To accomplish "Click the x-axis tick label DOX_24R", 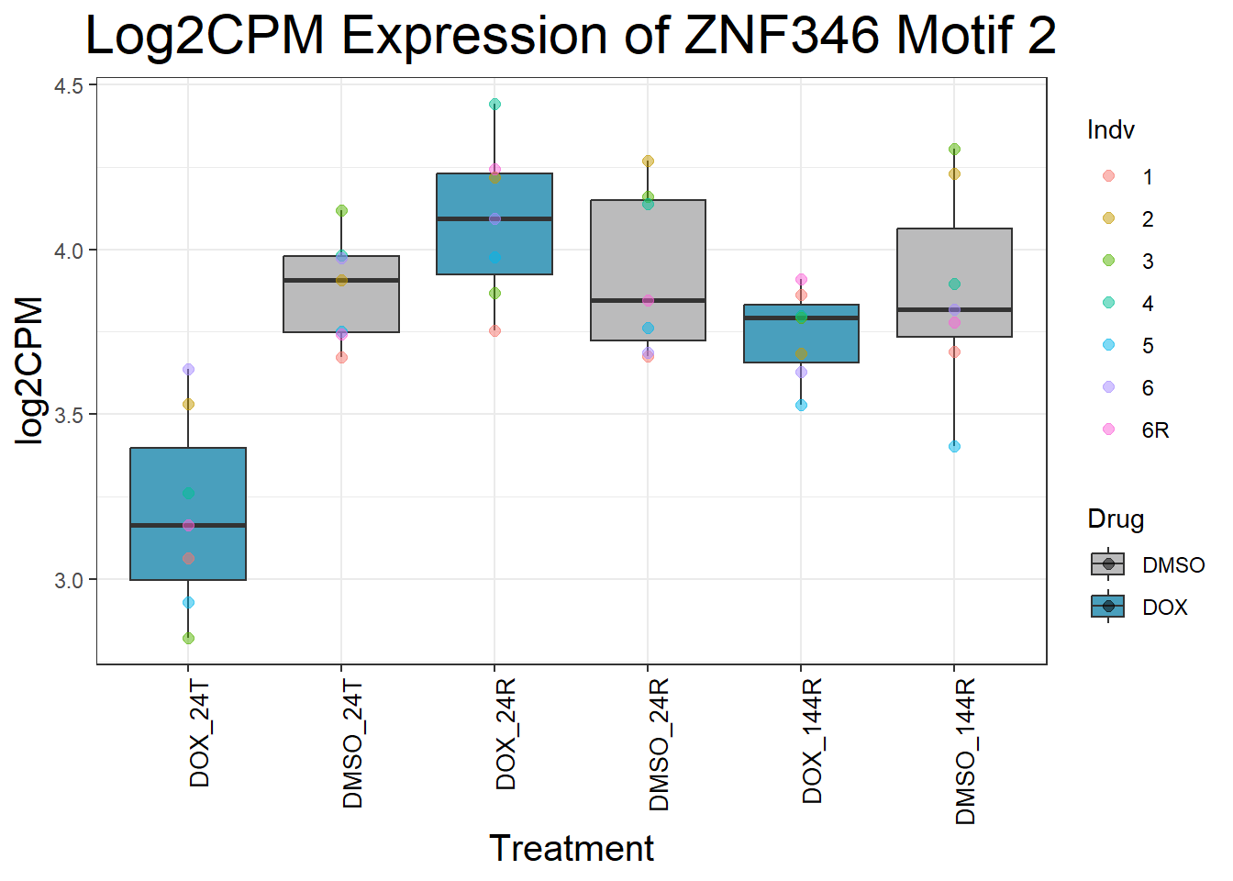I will pyautogui.click(x=505, y=734).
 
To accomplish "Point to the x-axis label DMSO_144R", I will pyautogui.click(x=965, y=752).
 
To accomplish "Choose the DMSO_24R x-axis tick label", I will pyautogui.click(x=659, y=744).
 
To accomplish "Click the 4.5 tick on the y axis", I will pyautogui.click(x=69, y=86).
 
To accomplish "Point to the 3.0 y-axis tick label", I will pyautogui.click(x=69, y=580).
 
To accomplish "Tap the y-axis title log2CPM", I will pyautogui.click(x=30, y=371).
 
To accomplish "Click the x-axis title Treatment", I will pyautogui.click(x=571, y=849).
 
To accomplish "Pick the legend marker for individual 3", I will pyautogui.click(x=1108, y=261).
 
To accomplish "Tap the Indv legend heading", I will pyautogui.click(x=1110, y=130).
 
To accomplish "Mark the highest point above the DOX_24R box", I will pyautogui.click(x=494, y=105).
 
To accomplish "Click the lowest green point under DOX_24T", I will pyautogui.click(x=188, y=638).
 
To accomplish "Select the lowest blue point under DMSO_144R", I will pyautogui.click(x=954, y=447).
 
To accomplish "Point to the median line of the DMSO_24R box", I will pyautogui.click(x=648, y=300).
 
